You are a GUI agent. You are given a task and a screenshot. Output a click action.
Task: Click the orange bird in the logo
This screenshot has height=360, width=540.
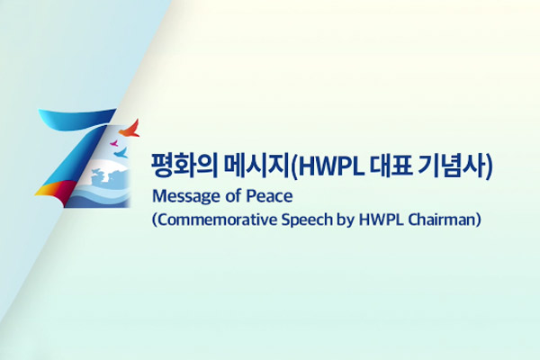coord(130,129)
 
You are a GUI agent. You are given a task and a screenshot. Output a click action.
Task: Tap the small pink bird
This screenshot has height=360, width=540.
coord(114,143)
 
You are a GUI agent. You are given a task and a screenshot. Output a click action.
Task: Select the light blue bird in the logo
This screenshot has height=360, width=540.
coord(121,153)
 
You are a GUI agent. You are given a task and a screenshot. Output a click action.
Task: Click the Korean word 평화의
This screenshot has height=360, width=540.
coord(184,166)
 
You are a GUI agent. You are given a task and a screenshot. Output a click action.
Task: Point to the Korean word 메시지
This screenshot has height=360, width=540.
coord(256,166)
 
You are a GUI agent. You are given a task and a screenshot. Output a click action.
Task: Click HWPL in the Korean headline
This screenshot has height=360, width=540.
coord(331,166)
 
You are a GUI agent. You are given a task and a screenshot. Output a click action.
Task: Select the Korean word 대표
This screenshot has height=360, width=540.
coord(391,166)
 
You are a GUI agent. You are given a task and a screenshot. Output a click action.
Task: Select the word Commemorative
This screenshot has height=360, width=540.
coord(217,220)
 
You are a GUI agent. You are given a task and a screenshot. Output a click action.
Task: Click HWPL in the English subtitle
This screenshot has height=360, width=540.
coord(381,220)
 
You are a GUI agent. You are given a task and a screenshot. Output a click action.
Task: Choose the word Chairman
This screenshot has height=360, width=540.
coord(442,220)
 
